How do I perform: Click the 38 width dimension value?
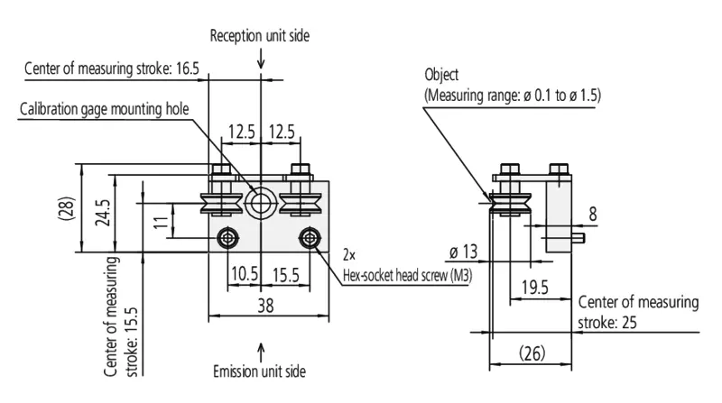pos(265,306)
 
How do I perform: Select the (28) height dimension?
pos(66,208)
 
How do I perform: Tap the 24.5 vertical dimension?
pos(103,213)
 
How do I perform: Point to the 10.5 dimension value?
pos(245,274)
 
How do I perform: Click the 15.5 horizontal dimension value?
pos(285,275)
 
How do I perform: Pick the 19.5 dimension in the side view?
pos(534,288)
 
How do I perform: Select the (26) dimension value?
pos(532,353)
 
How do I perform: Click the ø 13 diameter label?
pos(464,252)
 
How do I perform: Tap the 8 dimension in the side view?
pos(593,214)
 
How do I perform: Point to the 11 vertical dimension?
pos(161,223)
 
